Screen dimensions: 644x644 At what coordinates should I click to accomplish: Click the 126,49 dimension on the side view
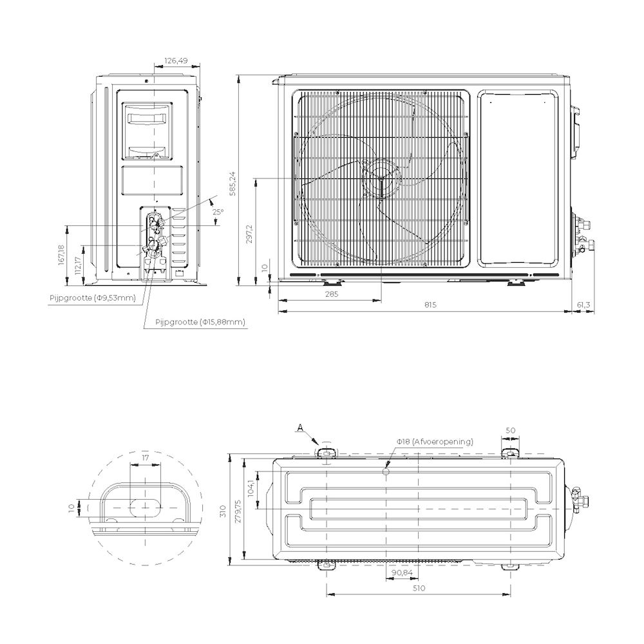[176, 61]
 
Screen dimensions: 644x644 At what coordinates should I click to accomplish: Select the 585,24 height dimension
[233, 183]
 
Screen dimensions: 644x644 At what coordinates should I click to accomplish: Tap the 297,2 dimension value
[249, 234]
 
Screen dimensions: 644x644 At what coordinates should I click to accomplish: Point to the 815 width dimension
[430, 305]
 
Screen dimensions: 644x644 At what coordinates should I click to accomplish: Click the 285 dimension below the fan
[332, 294]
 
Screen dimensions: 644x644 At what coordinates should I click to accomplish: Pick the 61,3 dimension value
[583, 305]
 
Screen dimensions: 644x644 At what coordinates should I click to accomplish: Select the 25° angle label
[218, 212]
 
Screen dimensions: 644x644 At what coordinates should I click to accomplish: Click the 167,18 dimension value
[61, 254]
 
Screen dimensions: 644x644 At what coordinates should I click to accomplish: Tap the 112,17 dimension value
[79, 265]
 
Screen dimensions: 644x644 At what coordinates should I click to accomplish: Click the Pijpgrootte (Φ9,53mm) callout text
[92, 298]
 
